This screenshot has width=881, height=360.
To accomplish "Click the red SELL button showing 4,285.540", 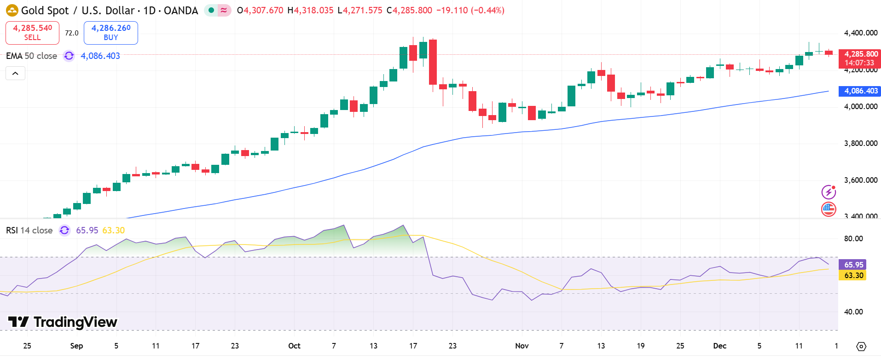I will pyautogui.click(x=32, y=33).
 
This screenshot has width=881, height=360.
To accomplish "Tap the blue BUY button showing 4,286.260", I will pyautogui.click(x=110, y=33).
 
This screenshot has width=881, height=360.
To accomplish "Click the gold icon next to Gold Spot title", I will pyautogui.click(x=12, y=10).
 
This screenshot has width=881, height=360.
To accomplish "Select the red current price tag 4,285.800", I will pyautogui.click(x=859, y=58).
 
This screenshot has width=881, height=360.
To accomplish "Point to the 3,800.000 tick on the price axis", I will pyautogui.click(x=860, y=143).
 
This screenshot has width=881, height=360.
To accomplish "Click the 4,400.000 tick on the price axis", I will pyautogui.click(x=860, y=33).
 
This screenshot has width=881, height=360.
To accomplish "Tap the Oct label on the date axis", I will pyautogui.click(x=294, y=346).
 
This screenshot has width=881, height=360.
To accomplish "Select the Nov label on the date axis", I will pyautogui.click(x=522, y=346).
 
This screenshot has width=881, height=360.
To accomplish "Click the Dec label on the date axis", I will pyautogui.click(x=719, y=346).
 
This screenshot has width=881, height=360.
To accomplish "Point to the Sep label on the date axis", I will pyautogui.click(x=76, y=346).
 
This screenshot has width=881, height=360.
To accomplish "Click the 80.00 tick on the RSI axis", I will pyautogui.click(x=853, y=238).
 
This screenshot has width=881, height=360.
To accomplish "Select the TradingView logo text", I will pyautogui.click(x=63, y=322).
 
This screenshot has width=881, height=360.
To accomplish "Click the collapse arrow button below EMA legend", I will pyautogui.click(x=15, y=73).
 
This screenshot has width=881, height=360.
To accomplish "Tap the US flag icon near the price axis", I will pyautogui.click(x=829, y=209).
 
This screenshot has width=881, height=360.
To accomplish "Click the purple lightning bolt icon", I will pyautogui.click(x=829, y=192).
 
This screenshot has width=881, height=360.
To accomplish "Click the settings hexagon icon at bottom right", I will pyautogui.click(x=861, y=346).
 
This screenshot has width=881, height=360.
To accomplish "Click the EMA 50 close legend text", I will pyautogui.click(x=31, y=56).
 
